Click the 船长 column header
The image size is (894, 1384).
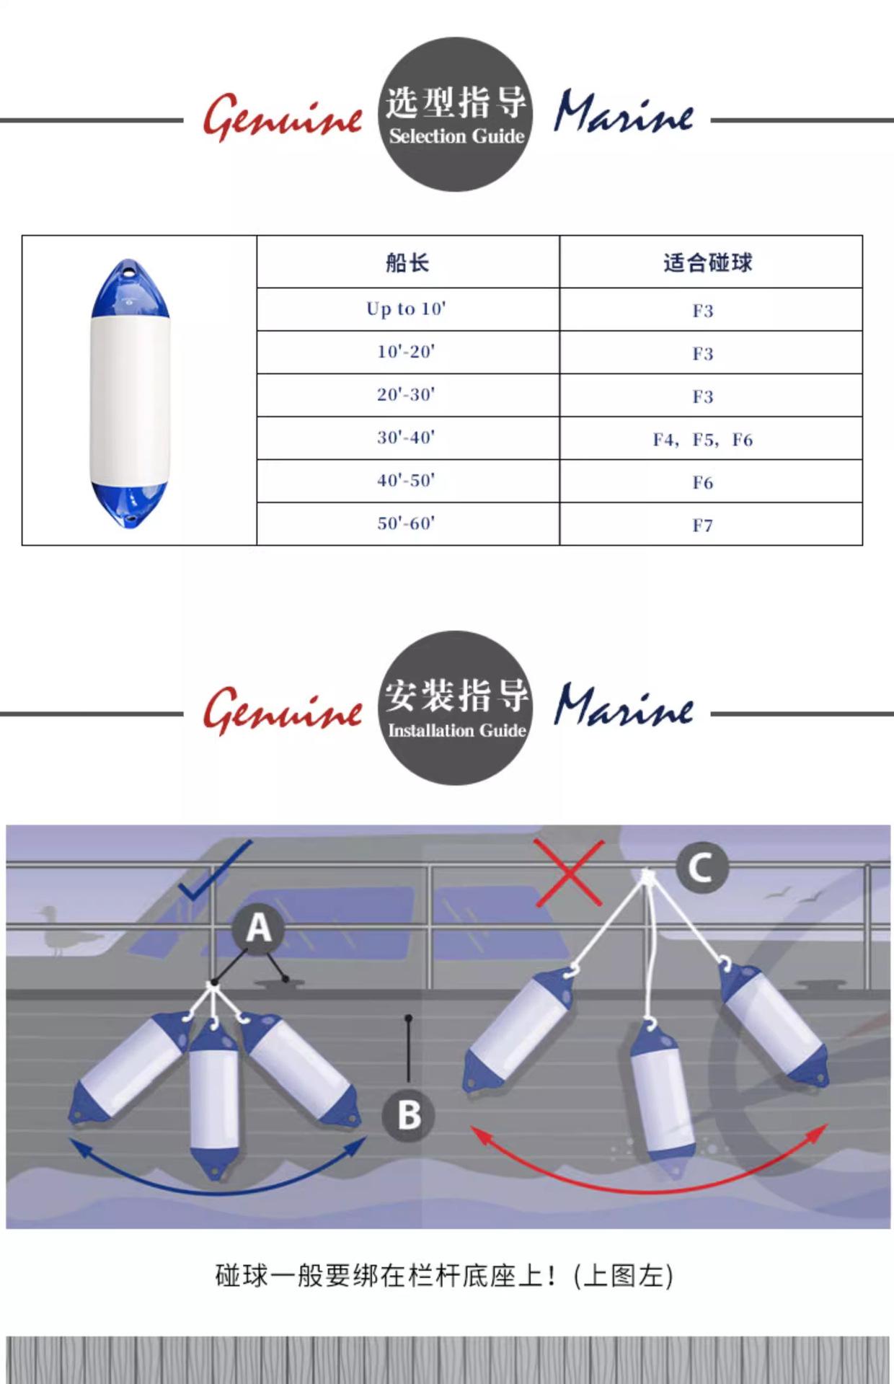(407, 262)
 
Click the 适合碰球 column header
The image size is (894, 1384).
(707, 262)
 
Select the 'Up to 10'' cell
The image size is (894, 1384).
(407, 309)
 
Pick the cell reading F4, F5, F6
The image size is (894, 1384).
(703, 439)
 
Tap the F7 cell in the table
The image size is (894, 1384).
(703, 525)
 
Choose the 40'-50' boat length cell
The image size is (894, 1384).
(407, 481)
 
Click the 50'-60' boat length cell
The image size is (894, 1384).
(407, 523)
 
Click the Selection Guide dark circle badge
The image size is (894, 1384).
(456, 115)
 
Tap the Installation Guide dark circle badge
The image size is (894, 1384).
(456, 709)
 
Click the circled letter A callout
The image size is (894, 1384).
(259, 928)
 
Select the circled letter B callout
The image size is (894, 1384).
(409, 1114)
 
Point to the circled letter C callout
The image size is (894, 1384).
(701, 867)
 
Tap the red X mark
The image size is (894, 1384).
(570, 873)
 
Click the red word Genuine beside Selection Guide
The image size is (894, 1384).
(283, 117)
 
